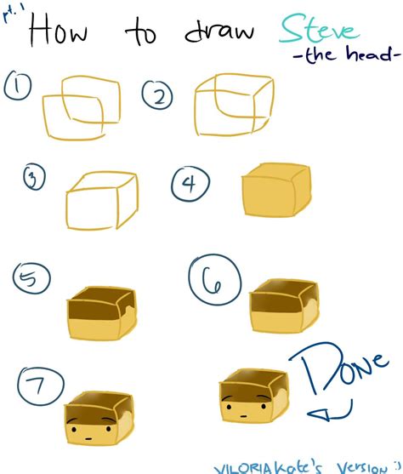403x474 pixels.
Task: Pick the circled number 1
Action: coord(18,85)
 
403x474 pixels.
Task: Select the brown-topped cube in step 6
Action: coord(284,307)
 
